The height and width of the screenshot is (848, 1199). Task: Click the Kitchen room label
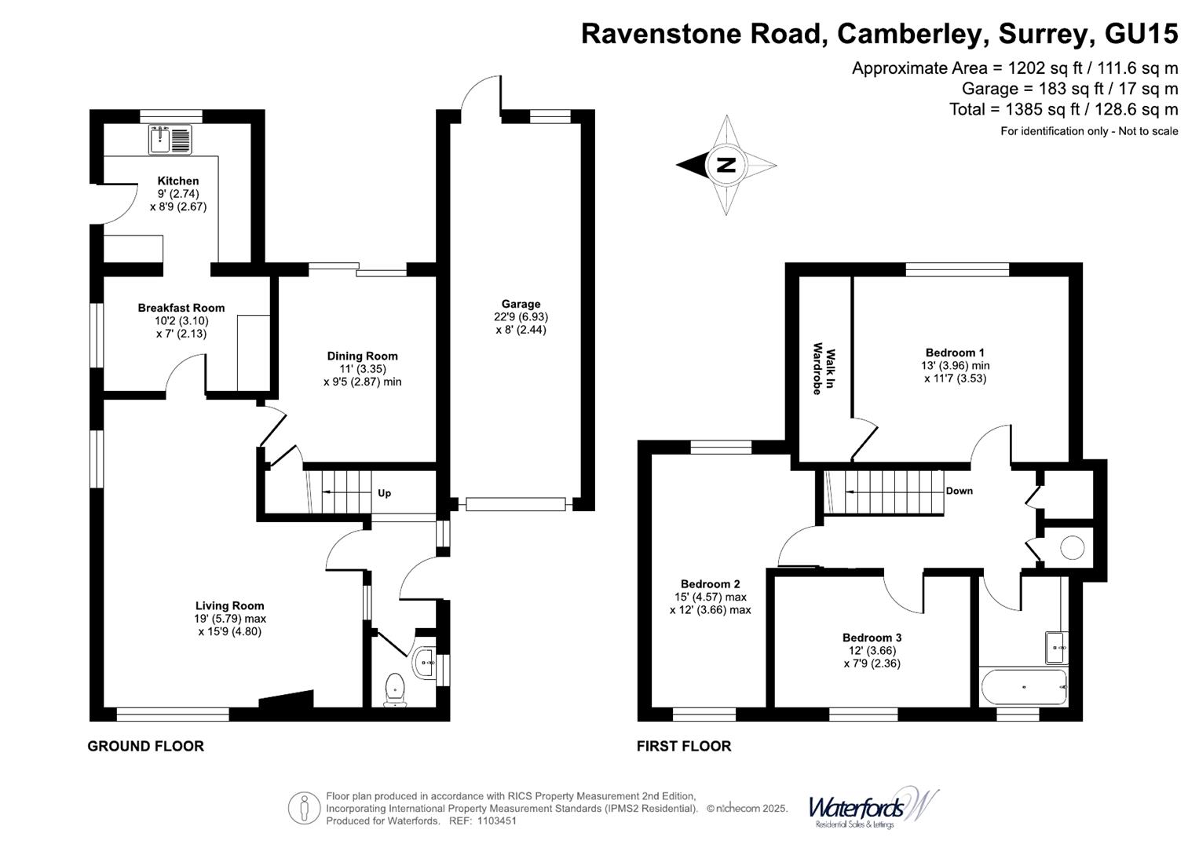click(178, 181)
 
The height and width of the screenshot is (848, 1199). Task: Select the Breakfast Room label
click(181, 308)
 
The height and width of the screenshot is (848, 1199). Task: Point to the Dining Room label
click(362, 356)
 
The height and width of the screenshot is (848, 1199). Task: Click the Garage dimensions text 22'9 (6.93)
click(521, 317)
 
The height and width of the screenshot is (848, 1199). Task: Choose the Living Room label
click(229, 605)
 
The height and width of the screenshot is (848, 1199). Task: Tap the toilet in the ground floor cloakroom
click(395, 689)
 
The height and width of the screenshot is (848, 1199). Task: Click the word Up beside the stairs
click(384, 493)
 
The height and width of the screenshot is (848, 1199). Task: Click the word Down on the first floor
click(959, 491)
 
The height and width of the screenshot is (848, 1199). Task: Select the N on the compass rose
click(726, 165)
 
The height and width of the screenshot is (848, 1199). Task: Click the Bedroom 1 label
click(955, 353)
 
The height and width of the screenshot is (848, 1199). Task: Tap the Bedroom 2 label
click(710, 584)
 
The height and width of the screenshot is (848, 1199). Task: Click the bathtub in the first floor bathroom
click(1023, 687)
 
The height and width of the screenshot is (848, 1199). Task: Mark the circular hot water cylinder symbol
click(1073, 546)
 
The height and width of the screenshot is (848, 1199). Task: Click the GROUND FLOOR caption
click(145, 746)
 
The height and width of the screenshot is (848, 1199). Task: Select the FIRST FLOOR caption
click(683, 746)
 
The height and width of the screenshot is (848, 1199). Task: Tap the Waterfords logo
click(872, 808)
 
